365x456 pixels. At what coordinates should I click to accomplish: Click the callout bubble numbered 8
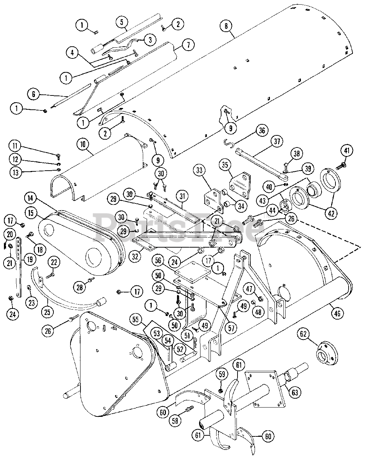[x=226, y=26]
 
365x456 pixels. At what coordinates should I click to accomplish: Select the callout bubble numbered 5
[x=121, y=22]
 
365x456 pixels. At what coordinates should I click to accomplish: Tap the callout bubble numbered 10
[x=83, y=144]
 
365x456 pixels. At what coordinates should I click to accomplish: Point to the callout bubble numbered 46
[x=337, y=313]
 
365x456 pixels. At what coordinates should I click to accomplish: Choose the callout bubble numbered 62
[x=303, y=334]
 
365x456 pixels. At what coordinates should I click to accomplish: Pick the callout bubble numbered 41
[x=347, y=150]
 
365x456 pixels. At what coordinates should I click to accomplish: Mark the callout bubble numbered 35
[x=225, y=165]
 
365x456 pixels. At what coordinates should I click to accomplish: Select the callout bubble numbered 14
[x=31, y=198]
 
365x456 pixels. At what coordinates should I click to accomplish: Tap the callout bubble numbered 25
[x=47, y=312]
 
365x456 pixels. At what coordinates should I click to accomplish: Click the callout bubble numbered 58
[x=175, y=425]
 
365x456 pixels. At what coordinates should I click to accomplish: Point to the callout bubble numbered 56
[x=158, y=260]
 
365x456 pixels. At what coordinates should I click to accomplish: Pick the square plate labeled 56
[x=193, y=272]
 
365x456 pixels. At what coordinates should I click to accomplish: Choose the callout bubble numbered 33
[x=199, y=170]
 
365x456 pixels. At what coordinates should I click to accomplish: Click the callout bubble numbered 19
[x=30, y=259]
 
